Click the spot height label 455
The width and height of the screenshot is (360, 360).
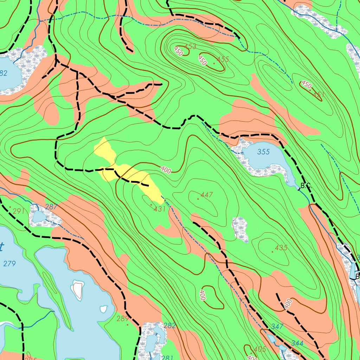223,59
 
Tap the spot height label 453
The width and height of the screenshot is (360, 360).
191,46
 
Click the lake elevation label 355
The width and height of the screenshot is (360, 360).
263,152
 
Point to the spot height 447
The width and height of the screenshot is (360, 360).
207,195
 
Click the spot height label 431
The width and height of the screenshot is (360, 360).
159,209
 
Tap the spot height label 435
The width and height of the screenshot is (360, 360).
281,247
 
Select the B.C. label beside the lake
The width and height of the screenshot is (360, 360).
306,186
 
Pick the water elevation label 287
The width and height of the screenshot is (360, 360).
51,207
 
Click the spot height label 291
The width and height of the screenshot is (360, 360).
19,211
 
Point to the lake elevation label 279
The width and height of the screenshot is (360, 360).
9,263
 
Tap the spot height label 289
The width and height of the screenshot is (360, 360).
123,319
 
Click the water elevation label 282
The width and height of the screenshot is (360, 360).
169,326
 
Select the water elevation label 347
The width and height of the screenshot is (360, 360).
277,326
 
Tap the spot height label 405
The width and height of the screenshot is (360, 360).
259,349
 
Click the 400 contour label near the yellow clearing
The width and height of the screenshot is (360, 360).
166,170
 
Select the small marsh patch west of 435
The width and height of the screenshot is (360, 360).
240,229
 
